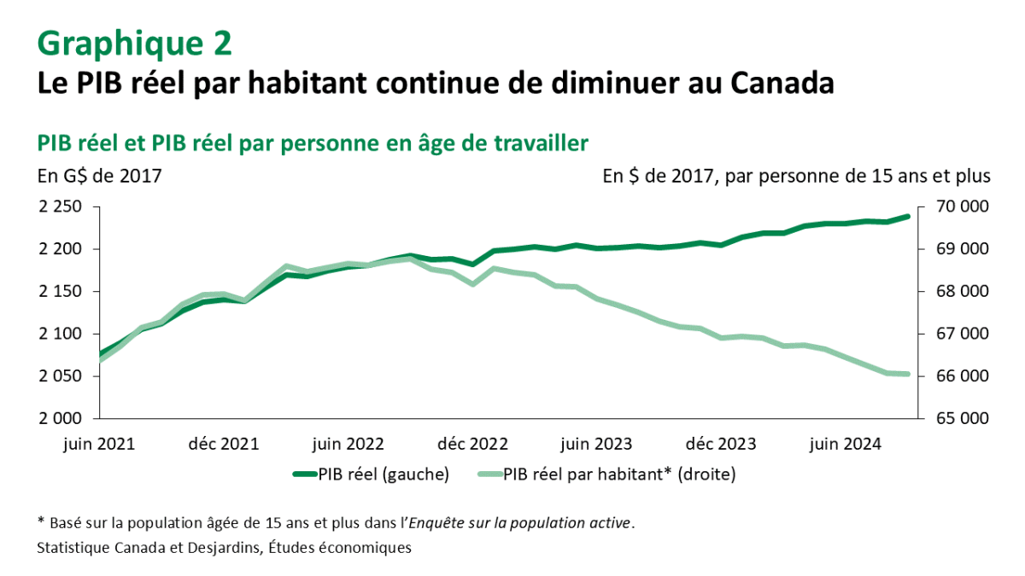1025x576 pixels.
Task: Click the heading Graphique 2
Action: click(134, 44)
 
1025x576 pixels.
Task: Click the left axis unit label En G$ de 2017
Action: click(99, 177)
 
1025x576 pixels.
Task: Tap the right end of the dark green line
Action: click(908, 217)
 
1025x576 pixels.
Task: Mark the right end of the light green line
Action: click(908, 375)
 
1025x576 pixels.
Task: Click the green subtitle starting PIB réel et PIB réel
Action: click(312, 143)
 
